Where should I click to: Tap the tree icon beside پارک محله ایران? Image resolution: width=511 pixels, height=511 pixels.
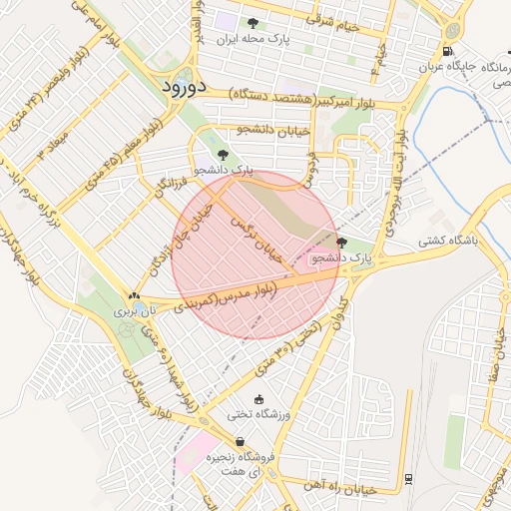tap(253, 23)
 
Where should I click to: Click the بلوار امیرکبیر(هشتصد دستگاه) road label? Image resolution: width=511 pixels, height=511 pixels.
tap(300, 100)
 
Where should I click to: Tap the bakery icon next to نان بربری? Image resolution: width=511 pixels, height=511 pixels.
tap(134, 295)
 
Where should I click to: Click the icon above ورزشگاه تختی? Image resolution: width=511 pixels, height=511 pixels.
tap(259, 398)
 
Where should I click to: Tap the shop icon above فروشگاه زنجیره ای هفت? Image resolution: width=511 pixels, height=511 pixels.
tap(240, 441)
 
